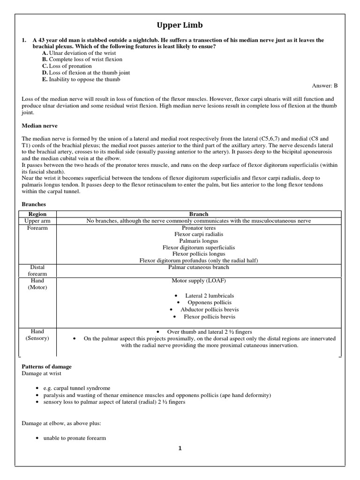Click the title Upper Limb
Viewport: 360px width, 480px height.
(180, 25)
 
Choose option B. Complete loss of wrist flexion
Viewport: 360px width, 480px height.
(82, 60)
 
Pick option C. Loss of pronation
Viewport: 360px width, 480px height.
(67, 66)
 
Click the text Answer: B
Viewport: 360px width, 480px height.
(324, 86)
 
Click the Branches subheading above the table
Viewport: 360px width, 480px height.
(34, 204)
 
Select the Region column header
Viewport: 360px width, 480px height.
(37, 214)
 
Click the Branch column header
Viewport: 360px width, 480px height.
(199, 214)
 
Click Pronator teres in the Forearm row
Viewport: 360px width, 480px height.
(199, 228)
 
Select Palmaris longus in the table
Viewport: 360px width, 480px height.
(199, 241)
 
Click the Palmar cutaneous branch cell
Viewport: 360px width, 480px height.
(199, 267)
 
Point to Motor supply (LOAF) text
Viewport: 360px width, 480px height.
(199, 281)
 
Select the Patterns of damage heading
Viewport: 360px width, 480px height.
(47, 366)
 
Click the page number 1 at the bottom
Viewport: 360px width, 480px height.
(180, 448)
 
